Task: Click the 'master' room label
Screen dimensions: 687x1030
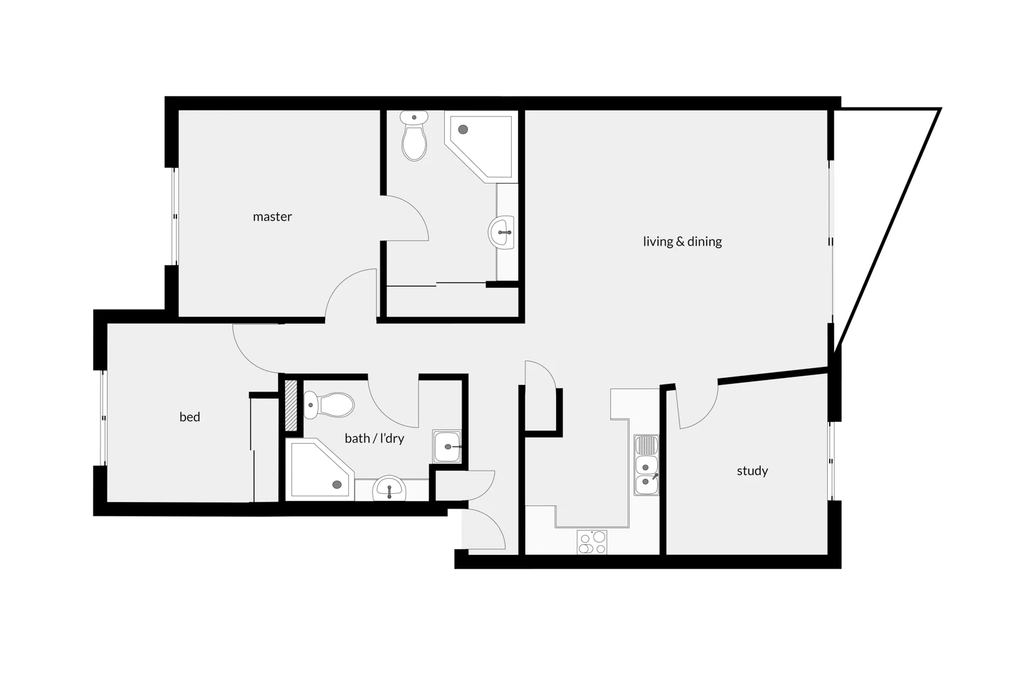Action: [x=272, y=217]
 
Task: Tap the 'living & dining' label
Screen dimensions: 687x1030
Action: [x=682, y=241]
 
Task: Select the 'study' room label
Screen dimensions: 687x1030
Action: [x=752, y=471]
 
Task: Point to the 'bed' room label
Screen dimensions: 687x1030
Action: [x=189, y=417]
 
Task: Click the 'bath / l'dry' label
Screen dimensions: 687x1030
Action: [x=374, y=438]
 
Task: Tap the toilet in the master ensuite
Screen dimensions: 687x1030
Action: [x=414, y=136]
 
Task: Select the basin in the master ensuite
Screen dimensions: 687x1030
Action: [x=502, y=232]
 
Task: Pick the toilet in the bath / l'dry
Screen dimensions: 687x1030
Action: [x=330, y=405]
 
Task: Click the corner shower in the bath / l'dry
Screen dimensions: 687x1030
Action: [x=320, y=469]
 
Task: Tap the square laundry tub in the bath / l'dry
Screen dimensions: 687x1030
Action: [x=447, y=446]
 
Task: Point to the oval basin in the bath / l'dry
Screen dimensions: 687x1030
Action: [x=388, y=489]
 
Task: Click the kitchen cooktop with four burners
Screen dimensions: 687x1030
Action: [x=592, y=542]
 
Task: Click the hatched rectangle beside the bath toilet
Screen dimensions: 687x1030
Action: [x=290, y=406]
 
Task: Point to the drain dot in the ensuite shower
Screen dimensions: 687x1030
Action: [x=463, y=129]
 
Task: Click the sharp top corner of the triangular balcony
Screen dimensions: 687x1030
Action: [x=940, y=109]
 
